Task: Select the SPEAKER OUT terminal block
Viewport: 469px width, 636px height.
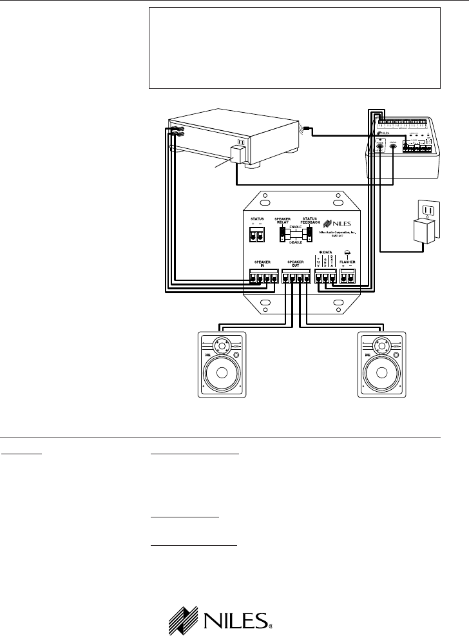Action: tap(296, 278)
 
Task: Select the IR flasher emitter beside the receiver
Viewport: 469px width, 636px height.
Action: tap(304, 131)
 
